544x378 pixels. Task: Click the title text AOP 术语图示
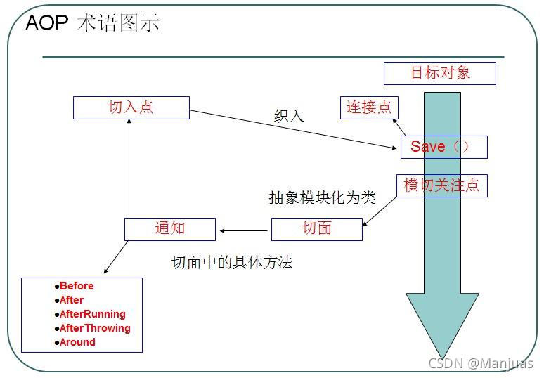tap(92, 23)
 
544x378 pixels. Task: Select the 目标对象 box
tap(439, 72)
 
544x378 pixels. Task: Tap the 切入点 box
tap(131, 107)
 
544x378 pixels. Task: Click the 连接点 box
tap(369, 107)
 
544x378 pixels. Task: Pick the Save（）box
tap(443, 147)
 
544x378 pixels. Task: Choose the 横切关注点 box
tap(441, 185)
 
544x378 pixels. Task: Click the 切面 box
tap(316, 229)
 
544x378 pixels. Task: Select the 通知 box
tap(169, 229)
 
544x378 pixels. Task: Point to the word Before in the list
tap(76, 286)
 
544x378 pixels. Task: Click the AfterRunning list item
tap(92, 314)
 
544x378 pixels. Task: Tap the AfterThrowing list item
tap(95, 328)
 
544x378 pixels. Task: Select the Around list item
tap(77, 342)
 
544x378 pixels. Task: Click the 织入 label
tap(289, 117)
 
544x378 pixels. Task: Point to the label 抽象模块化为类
tap(322, 198)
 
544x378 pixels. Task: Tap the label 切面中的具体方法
tap(232, 263)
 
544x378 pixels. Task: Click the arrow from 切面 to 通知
tap(245, 230)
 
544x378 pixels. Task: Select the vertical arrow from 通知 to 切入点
tap(129, 169)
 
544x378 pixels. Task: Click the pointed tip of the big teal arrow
tap(442, 356)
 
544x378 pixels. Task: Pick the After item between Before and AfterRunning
tap(71, 300)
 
